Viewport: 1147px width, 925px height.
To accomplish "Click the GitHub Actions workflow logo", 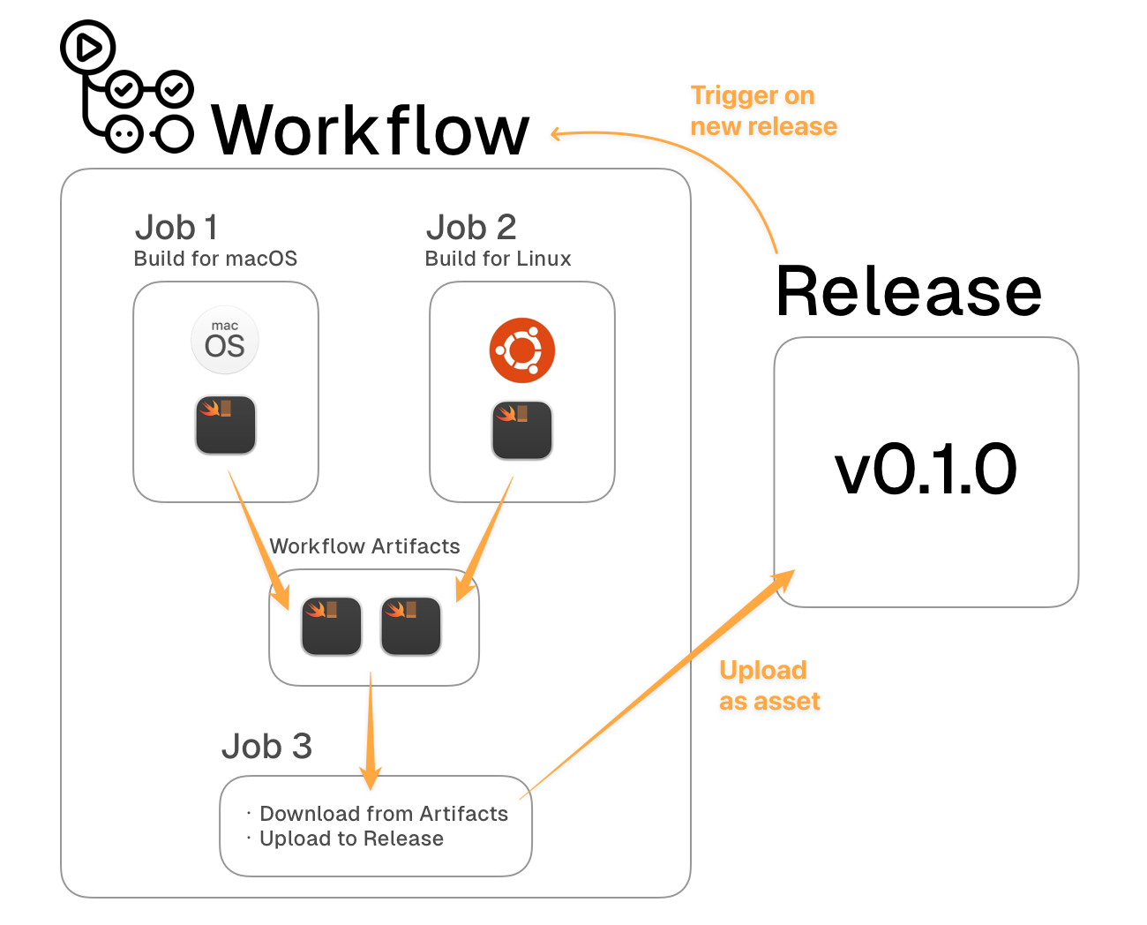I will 126,88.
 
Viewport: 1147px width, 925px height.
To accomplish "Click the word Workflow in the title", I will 371,131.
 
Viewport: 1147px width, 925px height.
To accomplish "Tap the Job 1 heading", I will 176,228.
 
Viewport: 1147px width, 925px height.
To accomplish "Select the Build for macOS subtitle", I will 215,259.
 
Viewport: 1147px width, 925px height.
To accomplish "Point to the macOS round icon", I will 225,340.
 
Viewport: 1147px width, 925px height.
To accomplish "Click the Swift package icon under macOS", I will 226,425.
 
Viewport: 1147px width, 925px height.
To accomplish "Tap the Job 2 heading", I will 471,228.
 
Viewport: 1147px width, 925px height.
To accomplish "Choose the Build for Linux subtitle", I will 498,259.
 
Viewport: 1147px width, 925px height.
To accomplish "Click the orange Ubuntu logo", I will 522,350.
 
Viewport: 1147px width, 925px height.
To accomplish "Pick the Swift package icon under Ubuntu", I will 522,431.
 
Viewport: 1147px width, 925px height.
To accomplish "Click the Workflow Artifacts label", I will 364,546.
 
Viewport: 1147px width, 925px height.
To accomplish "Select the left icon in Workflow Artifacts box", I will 332,626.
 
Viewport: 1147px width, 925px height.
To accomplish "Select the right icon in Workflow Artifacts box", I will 411,626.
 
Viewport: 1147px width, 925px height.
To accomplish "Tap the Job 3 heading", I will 266,747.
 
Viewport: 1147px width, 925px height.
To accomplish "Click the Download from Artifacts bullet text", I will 384,814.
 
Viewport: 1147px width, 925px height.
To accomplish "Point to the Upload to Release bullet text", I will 351,839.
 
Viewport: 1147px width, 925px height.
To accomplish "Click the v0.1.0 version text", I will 926,470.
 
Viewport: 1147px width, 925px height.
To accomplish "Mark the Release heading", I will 909,291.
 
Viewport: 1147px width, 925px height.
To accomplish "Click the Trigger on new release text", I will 763,111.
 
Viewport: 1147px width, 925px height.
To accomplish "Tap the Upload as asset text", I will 769,686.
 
